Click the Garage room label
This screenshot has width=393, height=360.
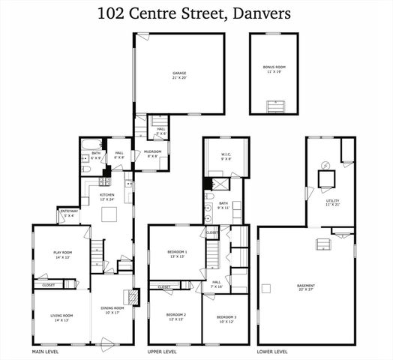pos(179,75)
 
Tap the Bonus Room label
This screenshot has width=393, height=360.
pos(274,68)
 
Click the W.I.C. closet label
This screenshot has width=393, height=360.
pos(226,157)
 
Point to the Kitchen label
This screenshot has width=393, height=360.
pos(107,197)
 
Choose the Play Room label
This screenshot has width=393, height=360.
pos(61,254)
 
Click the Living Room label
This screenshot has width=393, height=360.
pos(61,317)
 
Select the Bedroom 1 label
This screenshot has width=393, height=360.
pos(178,253)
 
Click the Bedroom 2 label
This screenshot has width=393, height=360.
pos(176,316)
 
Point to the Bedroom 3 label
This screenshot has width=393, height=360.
pos(226,318)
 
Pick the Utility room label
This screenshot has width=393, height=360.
pos(332,202)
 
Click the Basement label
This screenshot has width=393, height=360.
pos(305,287)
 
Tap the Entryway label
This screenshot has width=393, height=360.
pos(69,212)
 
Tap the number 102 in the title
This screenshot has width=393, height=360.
pos(112,13)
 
